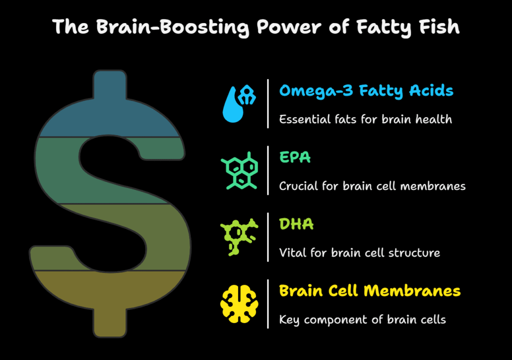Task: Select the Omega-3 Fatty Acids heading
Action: click(366, 91)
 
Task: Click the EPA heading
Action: click(295, 157)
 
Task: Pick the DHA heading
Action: click(296, 224)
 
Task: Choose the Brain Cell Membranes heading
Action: click(369, 290)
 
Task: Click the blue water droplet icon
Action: click(239, 103)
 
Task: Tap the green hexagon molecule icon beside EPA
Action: click(239, 170)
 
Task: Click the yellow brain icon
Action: click(239, 304)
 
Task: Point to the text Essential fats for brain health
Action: click(365, 119)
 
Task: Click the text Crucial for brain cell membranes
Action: click(372, 186)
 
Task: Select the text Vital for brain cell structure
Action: click(359, 253)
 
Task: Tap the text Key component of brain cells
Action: click(362, 320)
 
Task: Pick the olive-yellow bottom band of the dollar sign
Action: click(109, 294)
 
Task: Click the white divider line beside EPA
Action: click(268, 170)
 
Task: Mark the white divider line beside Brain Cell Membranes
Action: click(268, 304)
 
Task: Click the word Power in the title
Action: click(289, 27)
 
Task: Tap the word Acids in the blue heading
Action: click(431, 90)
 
